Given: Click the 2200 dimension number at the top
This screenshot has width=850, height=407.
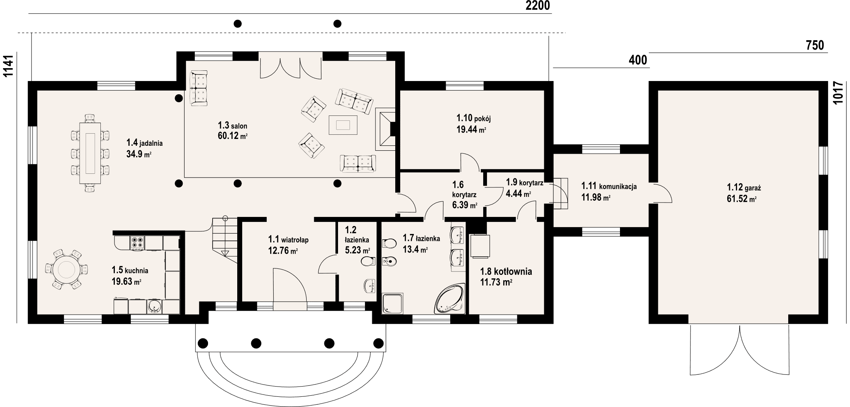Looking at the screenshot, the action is point(538,6).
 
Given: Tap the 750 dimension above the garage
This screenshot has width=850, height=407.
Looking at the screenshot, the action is point(815,45).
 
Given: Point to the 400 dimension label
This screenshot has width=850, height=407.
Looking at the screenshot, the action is point(638,60).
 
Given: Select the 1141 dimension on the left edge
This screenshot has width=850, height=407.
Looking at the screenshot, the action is point(8,66).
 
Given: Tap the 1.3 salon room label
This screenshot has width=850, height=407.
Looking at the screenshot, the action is point(232,125).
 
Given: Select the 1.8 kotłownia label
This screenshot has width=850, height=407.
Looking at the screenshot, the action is point(506,271).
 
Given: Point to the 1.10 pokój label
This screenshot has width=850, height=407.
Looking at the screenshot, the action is point(474,119).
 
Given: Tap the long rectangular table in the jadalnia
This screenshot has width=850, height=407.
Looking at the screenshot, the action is point(90,153).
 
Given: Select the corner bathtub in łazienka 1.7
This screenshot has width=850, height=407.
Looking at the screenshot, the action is point(449,299).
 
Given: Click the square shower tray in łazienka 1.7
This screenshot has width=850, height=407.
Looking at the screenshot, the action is point(393,304).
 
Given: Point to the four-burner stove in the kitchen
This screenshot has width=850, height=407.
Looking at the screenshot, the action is point(137,242).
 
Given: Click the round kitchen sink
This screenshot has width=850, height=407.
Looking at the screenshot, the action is point(154,307).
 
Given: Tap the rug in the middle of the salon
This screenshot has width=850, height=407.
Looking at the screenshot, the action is point(343,125).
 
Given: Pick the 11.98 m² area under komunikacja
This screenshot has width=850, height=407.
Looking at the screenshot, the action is point(596,197).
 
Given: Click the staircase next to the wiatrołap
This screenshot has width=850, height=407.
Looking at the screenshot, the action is point(224,239).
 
